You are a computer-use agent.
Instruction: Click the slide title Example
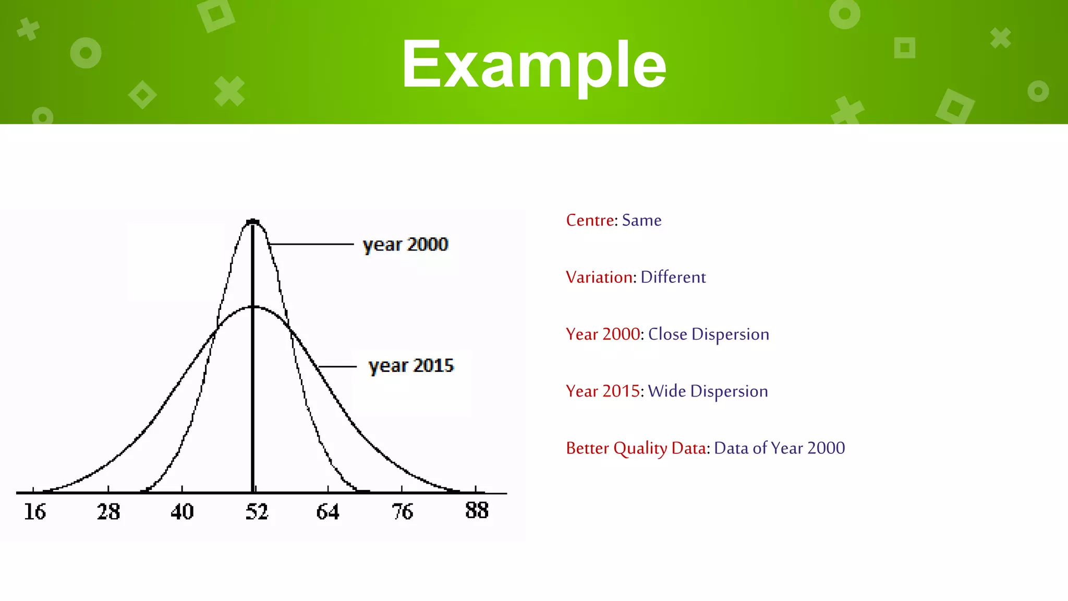tap(533, 65)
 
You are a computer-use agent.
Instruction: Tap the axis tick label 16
tap(35, 512)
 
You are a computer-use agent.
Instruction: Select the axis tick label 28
tap(108, 512)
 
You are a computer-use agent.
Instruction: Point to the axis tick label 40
tap(182, 512)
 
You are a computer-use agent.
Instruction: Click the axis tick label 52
tap(257, 512)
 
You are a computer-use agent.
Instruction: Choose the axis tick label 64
tap(328, 512)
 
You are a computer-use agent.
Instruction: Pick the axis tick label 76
tap(402, 512)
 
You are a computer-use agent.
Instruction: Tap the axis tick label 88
tap(477, 510)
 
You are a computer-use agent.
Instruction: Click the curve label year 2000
tap(405, 245)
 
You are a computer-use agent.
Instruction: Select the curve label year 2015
tap(411, 366)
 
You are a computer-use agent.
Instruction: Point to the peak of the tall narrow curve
tap(253, 222)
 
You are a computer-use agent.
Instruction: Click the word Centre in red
tap(590, 220)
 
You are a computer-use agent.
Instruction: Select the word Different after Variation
tap(673, 277)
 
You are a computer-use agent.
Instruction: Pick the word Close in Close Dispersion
tap(667, 334)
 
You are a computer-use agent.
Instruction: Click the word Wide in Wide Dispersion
tap(666, 391)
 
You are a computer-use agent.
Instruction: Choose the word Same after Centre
tap(641, 220)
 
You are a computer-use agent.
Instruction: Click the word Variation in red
tap(599, 277)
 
